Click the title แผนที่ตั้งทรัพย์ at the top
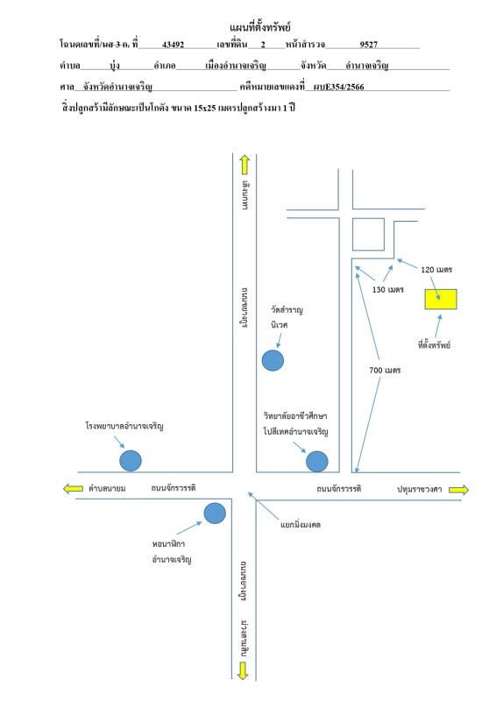click(260, 27)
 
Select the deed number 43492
click(174, 45)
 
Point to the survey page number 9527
click(369, 45)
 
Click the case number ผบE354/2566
click(338, 87)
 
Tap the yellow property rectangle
click(441, 299)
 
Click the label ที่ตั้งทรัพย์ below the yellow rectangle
click(434, 344)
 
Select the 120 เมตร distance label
click(436, 270)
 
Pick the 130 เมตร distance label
click(387, 290)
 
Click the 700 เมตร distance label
click(385, 370)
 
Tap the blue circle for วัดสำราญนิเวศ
click(273, 360)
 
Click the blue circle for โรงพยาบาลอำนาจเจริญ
click(131, 461)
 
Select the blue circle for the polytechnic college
click(317, 462)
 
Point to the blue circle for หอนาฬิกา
click(215, 513)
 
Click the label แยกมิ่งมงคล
click(301, 524)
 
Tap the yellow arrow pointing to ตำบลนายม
click(73, 488)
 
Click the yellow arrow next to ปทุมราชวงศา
click(459, 490)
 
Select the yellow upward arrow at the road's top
click(244, 165)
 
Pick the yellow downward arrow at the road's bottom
click(243, 670)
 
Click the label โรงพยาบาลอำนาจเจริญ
click(124, 426)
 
